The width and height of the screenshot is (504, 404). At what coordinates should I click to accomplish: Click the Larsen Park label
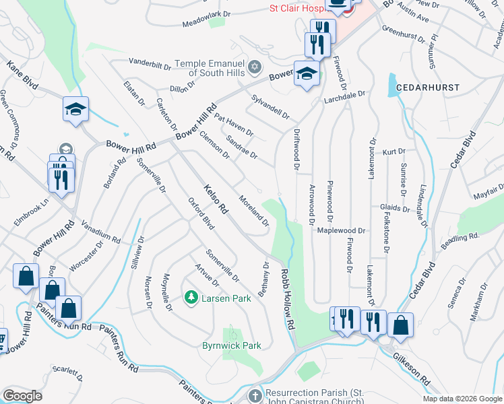point(226,298)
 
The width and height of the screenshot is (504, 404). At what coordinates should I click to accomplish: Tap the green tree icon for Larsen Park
point(191,297)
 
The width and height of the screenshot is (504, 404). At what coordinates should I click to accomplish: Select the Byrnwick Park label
point(231,345)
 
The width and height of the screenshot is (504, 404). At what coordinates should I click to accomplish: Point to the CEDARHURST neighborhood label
point(427,88)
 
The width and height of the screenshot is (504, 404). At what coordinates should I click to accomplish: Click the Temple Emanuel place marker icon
point(254,67)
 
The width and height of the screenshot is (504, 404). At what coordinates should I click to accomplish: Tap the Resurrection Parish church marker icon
point(255,395)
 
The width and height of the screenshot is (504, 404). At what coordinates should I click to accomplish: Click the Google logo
point(22,396)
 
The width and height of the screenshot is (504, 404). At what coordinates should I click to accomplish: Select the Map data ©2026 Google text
point(462,399)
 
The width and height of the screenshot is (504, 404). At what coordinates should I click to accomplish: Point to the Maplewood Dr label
point(342,230)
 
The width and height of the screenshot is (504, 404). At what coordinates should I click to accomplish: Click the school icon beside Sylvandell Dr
point(306,73)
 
